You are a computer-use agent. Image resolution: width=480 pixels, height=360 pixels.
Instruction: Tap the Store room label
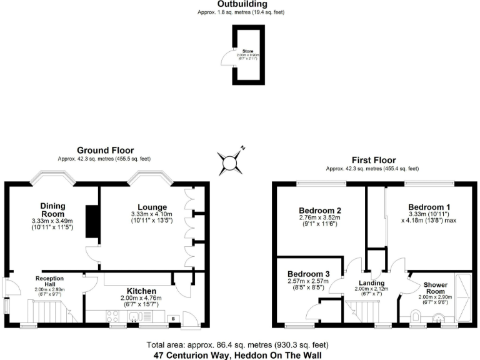coord(248,51)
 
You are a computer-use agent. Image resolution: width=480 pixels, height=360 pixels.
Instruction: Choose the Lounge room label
coord(152,207)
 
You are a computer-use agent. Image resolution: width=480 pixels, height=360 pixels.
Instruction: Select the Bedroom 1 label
coord(429,207)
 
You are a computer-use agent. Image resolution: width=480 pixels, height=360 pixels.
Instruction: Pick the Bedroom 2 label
coord(320,211)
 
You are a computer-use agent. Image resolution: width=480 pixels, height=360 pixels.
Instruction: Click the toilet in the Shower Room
coord(417,314)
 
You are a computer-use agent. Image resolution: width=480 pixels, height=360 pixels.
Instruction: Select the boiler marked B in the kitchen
coord(172,319)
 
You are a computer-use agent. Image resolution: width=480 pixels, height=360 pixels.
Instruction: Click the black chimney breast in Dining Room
coord(92,223)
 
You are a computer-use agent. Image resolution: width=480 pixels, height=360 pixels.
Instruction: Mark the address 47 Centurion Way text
coord(240,354)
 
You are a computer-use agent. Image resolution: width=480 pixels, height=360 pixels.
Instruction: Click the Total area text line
coord(240,344)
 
